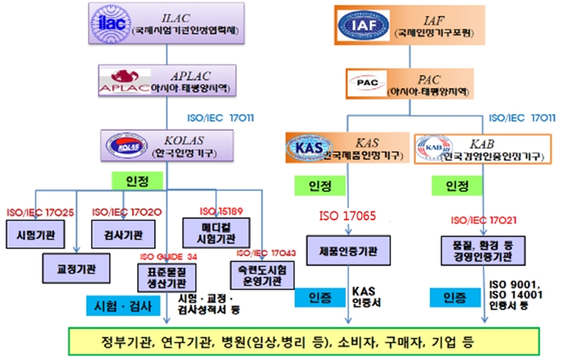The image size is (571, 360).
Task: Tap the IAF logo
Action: (364, 25)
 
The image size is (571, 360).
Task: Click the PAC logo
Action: (364, 82)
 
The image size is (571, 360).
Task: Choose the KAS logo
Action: (306, 148)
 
